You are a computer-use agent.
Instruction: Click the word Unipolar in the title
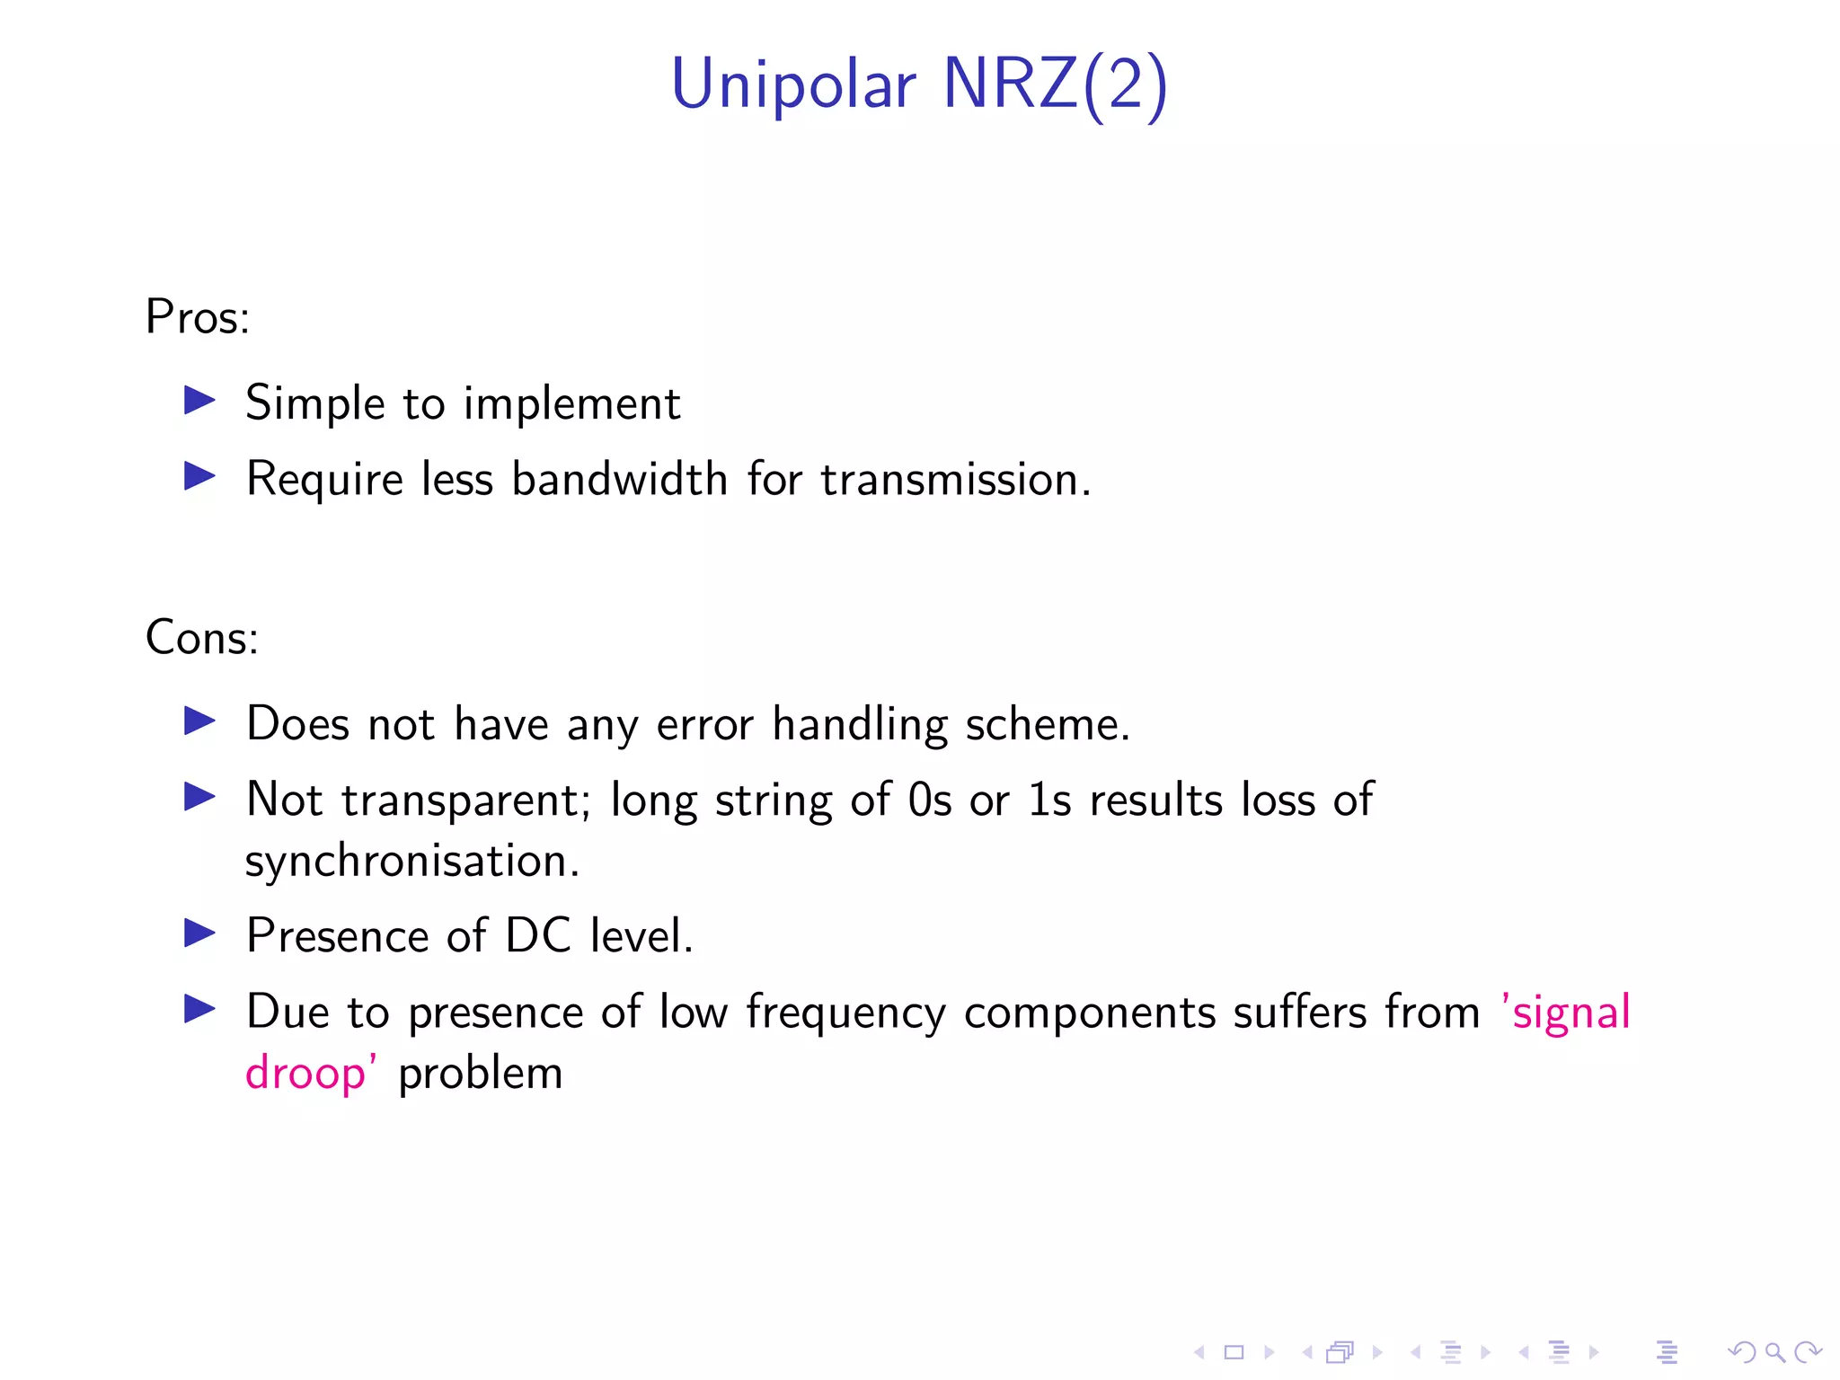coord(793,85)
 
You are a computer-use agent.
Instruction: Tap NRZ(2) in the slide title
coord(1055,85)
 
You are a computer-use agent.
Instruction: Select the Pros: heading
coord(198,317)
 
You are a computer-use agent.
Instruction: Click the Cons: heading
coord(202,638)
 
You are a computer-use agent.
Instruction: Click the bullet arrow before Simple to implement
coord(199,401)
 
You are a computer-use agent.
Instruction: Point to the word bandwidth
coord(619,478)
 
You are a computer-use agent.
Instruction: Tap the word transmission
coord(955,479)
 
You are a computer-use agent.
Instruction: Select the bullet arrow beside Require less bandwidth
coord(199,476)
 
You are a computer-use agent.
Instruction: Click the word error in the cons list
coord(704,724)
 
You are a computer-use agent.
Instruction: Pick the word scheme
coord(1047,724)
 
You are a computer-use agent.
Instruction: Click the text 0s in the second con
coord(929,800)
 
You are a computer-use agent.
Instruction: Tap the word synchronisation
coord(412,862)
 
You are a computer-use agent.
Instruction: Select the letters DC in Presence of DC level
coord(537,936)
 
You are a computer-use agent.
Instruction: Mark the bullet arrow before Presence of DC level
coord(199,933)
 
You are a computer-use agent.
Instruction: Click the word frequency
coord(845,1013)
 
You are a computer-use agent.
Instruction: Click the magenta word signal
coord(1570,1013)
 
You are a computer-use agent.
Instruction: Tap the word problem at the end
coord(481,1074)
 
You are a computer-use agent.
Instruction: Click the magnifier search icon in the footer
coord(1774,1352)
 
